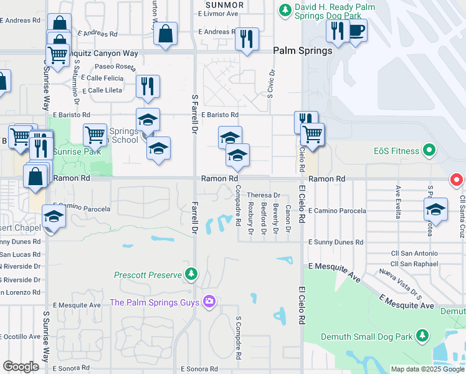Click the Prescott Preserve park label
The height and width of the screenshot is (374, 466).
click(x=148, y=275)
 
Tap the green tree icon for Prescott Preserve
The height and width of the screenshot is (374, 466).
click(x=192, y=274)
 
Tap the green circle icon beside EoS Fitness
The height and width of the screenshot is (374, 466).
click(x=428, y=150)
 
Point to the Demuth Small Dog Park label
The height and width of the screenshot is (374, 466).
click(x=367, y=337)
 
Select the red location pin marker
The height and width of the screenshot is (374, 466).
click(x=456, y=180)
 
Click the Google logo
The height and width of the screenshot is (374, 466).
click(x=21, y=367)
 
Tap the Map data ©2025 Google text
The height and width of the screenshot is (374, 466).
click(x=427, y=369)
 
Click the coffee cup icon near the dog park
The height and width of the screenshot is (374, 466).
click(x=357, y=31)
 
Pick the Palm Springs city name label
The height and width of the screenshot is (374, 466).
click(x=303, y=50)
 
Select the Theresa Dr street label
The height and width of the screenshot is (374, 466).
click(x=264, y=195)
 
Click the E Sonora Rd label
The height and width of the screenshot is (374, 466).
click(x=199, y=369)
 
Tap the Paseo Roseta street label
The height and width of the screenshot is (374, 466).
click(x=115, y=66)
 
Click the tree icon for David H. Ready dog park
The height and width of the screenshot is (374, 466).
click(x=285, y=9)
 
